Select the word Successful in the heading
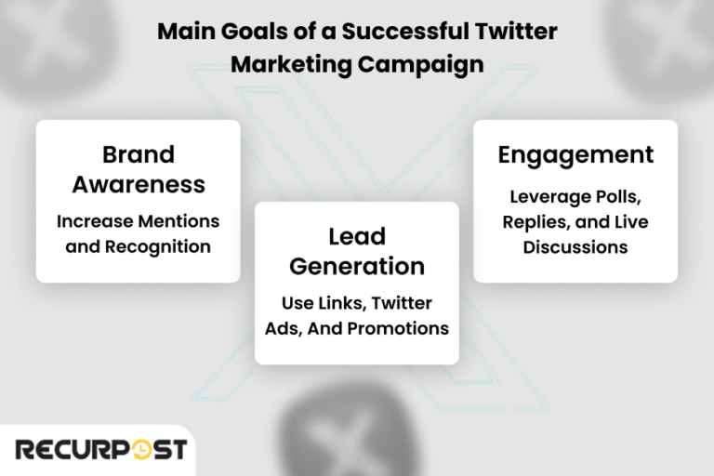401,31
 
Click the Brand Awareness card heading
139,168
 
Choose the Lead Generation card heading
357,250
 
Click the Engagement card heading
575,154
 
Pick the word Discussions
575,247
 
